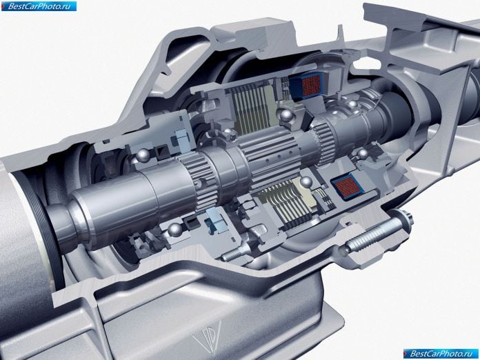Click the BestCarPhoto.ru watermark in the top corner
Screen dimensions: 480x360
tap(39, 6)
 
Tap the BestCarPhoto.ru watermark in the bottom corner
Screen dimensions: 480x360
tap(441, 354)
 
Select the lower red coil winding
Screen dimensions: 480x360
tap(347, 186)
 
